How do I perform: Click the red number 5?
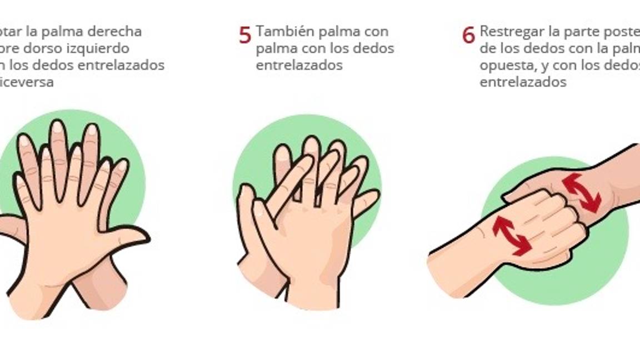pyautogui.click(x=245, y=35)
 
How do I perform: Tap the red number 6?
pyautogui.click(x=468, y=35)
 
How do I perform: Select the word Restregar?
pyautogui.click(x=512, y=31)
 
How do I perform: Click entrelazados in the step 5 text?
pyautogui.click(x=299, y=65)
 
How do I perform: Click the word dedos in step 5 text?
pyautogui.click(x=375, y=48)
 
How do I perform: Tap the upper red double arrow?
pyautogui.click(x=581, y=193)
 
